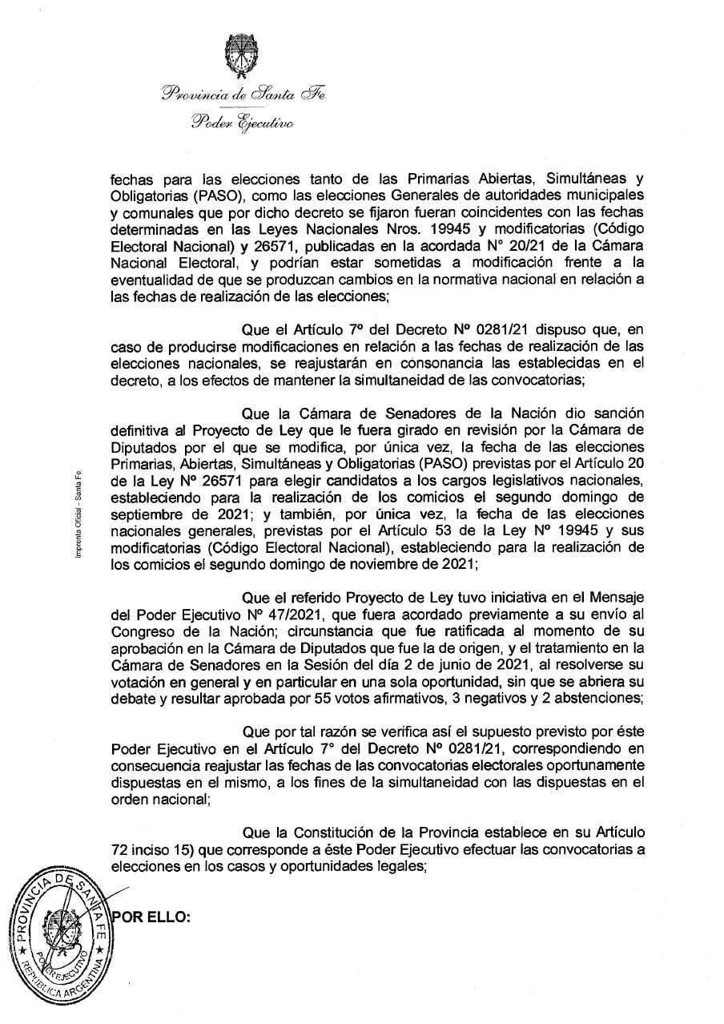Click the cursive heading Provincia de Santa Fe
click(x=243, y=94)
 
